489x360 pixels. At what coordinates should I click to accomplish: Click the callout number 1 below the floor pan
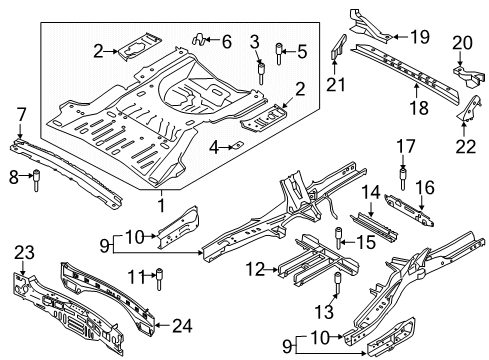tap(161, 205)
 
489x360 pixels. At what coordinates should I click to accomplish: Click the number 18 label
tap(418, 87)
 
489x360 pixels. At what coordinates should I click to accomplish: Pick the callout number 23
tap(23, 253)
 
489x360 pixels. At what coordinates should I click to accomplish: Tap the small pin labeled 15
tap(338, 237)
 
